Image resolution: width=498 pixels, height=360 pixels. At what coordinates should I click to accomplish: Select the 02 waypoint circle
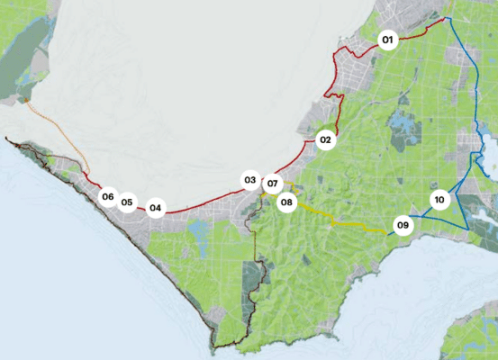pos(326,139)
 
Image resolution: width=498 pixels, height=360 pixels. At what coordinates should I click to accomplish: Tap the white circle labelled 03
pos(250,180)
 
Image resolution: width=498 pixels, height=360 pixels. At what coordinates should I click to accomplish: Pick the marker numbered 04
pos(156,209)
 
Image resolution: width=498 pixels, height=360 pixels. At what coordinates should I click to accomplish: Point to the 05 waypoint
pos(127,202)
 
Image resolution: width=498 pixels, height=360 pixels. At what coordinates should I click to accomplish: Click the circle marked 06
pos(108,197)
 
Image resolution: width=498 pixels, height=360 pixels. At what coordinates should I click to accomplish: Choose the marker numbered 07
pos(273,184)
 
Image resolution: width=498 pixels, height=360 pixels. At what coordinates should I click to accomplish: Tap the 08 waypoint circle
pos(287,202)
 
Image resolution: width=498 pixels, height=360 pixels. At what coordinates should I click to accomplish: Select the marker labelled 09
pos(403,225)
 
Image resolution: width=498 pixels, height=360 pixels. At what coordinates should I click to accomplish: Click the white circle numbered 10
pos(439,200)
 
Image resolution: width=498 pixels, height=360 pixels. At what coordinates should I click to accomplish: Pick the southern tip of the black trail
pos(215,347)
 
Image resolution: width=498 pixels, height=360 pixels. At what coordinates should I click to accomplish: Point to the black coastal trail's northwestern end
pos(7,139)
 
